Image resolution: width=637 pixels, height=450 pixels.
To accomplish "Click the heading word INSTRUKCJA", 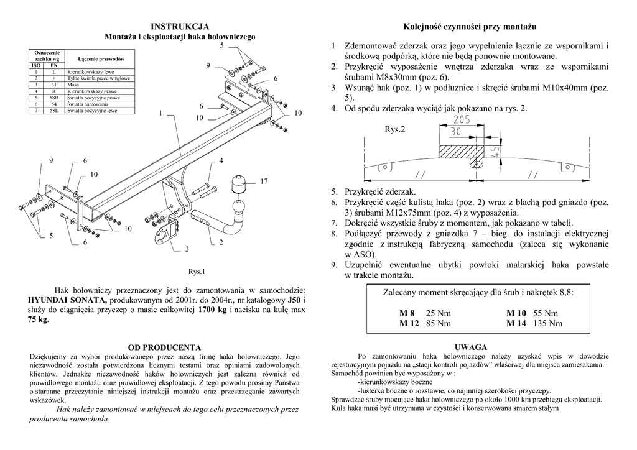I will pyautogui.click(x=180, y=27).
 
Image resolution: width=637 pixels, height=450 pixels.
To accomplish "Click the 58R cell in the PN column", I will pyautogui.click(x=54, y=98).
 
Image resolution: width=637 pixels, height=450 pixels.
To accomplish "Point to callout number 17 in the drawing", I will pyautogui.click(x=264, y=181).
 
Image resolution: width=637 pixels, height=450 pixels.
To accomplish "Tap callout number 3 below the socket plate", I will pyautogui.click(x=186, y=249).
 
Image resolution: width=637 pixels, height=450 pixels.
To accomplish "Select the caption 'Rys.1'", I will pyautogui.click(x=197, y=272).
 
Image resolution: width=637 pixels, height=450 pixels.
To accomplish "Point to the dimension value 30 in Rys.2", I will pyautogui.click(x=456, y=132).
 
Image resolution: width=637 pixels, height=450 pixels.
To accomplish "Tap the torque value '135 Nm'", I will pyautogui.click(x=548, y=323).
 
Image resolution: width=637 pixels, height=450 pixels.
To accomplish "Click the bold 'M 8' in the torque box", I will pyautogui.click(x=407, y=313).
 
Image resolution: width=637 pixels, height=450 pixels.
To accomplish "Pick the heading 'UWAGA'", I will pyautogui.click(x=471, y=347).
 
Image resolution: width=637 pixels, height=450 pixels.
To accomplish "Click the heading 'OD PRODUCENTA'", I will pyautogui.click(x=164, y=347).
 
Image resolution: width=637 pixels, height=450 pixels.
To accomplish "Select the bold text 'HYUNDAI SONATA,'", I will pyautogui.click(x=63, y=300).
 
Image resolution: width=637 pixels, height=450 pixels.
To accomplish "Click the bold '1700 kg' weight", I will pyautogui.click(x=212, y=310).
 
